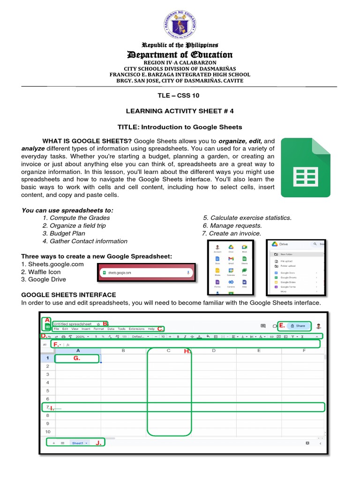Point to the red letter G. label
76,359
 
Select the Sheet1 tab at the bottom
78,442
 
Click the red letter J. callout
98,442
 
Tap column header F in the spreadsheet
304,350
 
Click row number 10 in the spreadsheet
48,431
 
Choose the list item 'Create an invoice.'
232,233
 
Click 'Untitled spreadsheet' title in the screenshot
73,324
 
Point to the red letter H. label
187,351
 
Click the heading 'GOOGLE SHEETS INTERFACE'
69,295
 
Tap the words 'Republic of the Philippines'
180,45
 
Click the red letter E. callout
282,325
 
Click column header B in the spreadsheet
123,350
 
